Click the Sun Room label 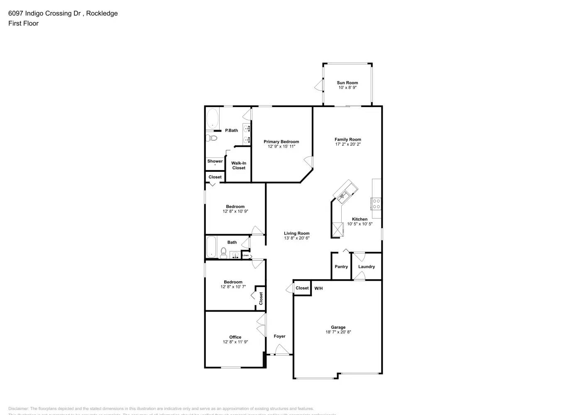click(347, 83)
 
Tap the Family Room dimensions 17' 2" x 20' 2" click(348, 144)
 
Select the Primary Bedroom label click(281, 142)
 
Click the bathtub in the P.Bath click(213, 118)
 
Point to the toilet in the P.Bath click(212, 138)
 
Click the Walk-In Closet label click(239, 166)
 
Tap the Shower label click(215, 161)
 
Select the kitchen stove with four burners click(376, 203)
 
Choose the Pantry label click(341, 266)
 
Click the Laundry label click(367, 266)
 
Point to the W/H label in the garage click(318, 288)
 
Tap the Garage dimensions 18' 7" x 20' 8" click(338, 332)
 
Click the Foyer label click(279, 336)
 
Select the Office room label click(235, 337)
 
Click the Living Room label click(296, 233)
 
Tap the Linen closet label click(246, 255)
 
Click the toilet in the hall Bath click(223, 252)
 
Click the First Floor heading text click(23, 23)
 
